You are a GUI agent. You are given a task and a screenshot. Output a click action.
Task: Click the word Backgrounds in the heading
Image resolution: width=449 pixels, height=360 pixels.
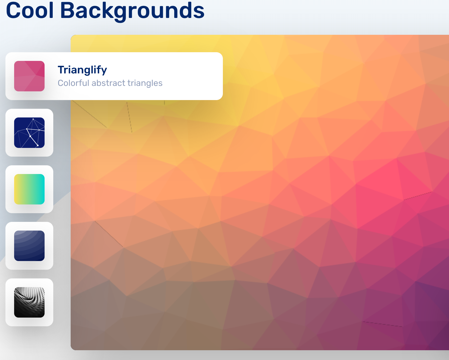pyautogui.click(x=132, y=11)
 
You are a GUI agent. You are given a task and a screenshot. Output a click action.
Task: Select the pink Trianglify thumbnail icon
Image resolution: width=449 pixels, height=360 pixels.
pyautogui.click(x=29, y=76)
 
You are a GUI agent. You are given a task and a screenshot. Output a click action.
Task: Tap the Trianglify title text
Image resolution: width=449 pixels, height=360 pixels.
pyautogui.click(x=82, y=70)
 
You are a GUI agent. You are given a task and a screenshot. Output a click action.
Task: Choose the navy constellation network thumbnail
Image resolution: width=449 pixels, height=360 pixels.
pyautogui.click(x=29, y=133)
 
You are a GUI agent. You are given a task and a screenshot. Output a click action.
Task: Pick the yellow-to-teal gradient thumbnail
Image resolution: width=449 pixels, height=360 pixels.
pyautogui.click(x=29, y=189)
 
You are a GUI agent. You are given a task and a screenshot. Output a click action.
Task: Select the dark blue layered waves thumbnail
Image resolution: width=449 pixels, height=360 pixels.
pyautogui.click(x=29, y=246)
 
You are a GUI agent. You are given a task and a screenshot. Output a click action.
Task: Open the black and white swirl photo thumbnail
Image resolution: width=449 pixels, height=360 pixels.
pyautogui.click(x=29, y=302)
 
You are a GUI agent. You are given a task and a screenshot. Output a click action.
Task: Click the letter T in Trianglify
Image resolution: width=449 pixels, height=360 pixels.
pyautogui.click(x=61, y=70)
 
